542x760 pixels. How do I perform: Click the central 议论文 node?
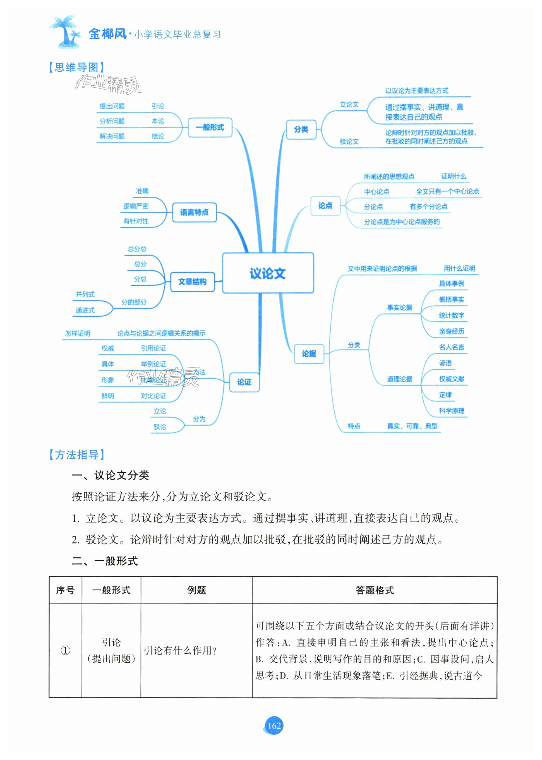(x=268, y=273)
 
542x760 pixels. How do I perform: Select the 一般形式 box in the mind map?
(x=210, y=127)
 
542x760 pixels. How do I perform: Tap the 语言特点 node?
(x=194, y=212)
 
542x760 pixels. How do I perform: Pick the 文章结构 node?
(x=192, y=282)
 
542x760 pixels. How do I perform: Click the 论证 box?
(x=244, y=382)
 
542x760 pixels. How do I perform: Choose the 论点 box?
(x=325, y=206)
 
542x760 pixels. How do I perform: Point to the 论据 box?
(x=309, y=354)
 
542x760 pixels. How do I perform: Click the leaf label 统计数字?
(x=451, y=315)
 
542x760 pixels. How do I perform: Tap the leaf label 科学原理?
(x=451, y=411)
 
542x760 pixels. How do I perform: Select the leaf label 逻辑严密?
(x=136, y=206)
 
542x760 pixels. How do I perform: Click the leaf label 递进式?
(x=85, y=310)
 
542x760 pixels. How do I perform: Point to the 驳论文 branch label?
(x=349, y=141)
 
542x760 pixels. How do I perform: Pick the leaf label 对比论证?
(x=153, y=396)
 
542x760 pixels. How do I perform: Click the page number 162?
(x=274, y=725)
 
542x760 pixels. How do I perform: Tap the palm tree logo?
(x=65, y=32)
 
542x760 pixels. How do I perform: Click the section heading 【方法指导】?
(x=77, y=454)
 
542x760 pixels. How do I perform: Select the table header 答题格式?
(x=375, y=590)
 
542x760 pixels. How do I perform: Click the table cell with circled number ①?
(x=65, y=650)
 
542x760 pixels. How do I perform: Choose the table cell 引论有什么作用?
(x=180, y=650)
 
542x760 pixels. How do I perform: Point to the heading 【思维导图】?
(x=76, y=68)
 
